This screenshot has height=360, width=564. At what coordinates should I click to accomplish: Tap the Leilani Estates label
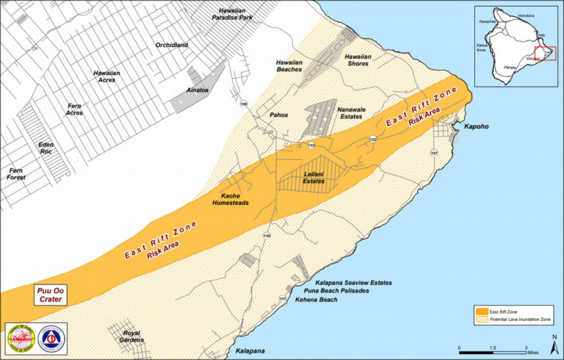314,177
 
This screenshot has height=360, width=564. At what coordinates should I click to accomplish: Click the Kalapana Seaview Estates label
353,282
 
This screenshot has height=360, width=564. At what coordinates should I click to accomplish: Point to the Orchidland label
172,46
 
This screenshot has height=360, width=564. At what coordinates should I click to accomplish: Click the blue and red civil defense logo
51,337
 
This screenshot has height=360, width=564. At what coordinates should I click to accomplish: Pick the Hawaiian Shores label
358,60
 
